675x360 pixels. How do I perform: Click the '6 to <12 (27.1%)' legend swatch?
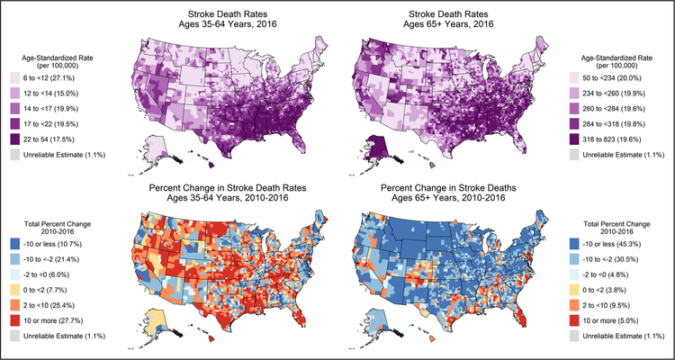tap(15, 80)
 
